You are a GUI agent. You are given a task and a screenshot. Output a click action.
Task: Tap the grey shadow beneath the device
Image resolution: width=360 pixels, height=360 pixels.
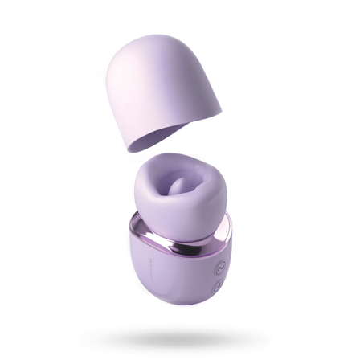(x=180, y=337)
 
